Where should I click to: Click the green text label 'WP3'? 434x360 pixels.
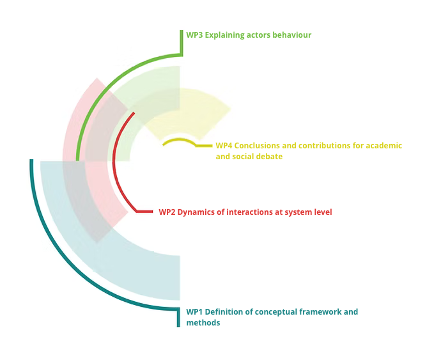click(x=194, y=35)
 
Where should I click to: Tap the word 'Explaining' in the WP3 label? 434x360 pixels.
click(x=224, y=35)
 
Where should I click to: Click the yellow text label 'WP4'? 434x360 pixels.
click(x=224, y=146)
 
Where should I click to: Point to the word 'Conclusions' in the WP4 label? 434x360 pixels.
click(x=258, y=146)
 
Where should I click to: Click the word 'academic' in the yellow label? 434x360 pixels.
click(x=382, y=146)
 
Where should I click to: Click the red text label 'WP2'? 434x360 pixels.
click(x=167, y=212)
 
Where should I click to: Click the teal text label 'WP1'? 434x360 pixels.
click(x=194, y=312)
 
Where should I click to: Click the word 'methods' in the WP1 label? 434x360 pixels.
click(x=203, y=323)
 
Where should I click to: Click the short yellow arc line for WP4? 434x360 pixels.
click(x=179, y=140)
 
